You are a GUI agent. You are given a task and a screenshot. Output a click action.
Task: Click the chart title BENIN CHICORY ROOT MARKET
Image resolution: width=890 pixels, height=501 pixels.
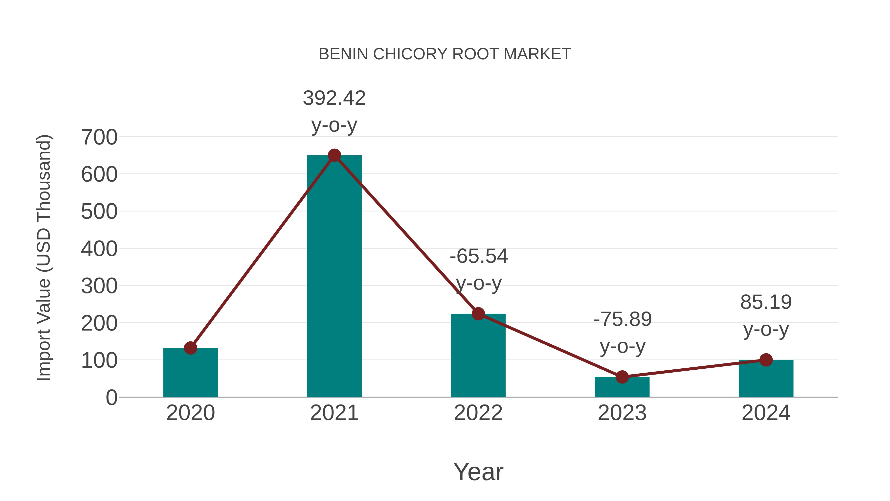pyautogui.click(x=445, y=54)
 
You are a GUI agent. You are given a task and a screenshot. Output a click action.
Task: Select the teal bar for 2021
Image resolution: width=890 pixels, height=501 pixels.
pyautogui.click(x=334, y=277)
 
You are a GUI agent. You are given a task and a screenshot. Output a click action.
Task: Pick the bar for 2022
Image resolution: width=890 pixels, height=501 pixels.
pyautogui.click(x=478, y=356)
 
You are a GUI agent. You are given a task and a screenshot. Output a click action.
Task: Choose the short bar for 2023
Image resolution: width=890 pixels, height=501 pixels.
pyautogui.click(x=622, y=387)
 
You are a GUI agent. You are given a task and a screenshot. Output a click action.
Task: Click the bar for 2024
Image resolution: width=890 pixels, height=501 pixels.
pyautogui.click(x=766, y=379)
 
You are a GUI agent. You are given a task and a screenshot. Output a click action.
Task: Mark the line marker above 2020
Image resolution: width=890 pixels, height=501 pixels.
pyautogui.click(x=190, y=348)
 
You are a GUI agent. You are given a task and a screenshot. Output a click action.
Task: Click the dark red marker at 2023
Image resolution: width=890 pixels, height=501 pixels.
pyautogui.click(x=622, y=377)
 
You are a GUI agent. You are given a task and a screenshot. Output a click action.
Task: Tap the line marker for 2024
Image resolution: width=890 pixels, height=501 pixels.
pyautogui.click(x=766, y=360)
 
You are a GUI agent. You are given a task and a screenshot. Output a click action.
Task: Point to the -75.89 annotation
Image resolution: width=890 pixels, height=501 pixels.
pyautogui.click(x=622, y=332)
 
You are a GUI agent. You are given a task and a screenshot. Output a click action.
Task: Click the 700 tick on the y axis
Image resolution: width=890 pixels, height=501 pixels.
pyautogui.click(x=99, y=137)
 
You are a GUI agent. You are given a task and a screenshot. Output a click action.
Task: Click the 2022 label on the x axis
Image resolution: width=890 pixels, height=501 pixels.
pyautogui.click(x=478, y=413)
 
